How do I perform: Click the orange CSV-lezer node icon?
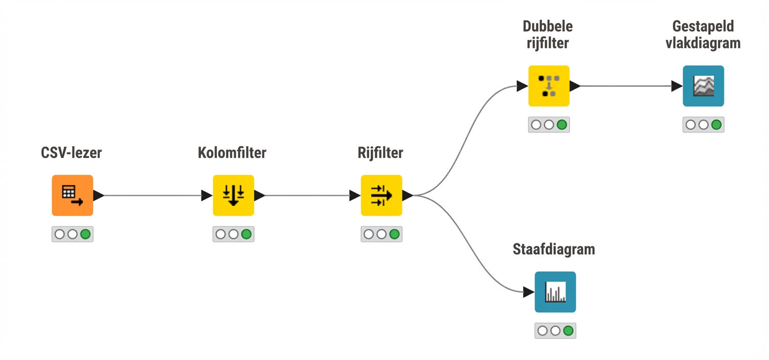pos(72,195)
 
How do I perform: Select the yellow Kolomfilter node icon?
pos(233,195)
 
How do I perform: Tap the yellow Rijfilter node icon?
pos(381,195)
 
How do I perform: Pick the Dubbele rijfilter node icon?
pos(549,86)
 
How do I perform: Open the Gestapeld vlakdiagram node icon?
pos(703,86)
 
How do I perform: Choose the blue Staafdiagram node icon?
pos(555,292)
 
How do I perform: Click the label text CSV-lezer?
pos(71,152)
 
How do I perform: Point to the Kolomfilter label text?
pos(232,152)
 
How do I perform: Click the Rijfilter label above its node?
pos(380,152)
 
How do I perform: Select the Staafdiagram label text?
pos(554,249)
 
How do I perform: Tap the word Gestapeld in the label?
pos(703,26)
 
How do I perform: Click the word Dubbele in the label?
pos(548,26)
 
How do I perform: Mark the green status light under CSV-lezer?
pos(85,234)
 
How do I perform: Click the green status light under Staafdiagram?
pos(568,331)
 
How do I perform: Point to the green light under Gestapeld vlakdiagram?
pos(716,124)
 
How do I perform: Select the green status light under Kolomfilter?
pos(246,234)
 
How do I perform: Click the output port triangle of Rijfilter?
pos(407,195)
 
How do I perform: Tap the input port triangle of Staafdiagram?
pos(529,292)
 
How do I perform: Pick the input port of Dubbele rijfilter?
pos(522,86)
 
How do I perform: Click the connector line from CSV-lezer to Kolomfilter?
pos(153,195)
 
